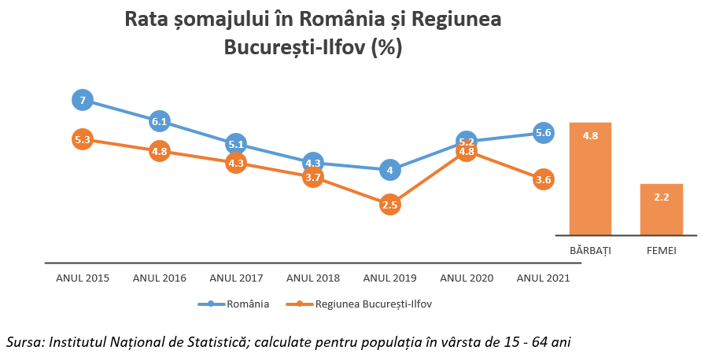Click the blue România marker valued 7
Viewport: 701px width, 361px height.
click(x=83, y=100)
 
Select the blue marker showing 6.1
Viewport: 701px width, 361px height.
click(x=160, y=121)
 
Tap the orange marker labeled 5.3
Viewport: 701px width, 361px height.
click(x=83, y=140)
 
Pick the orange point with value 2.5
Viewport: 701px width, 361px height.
click(x=389, y=204)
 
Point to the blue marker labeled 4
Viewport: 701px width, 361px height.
click(x=389, y=169)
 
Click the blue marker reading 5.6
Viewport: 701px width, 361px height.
click(x=543, y=132)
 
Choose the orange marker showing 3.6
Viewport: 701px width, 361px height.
click(x=543, y=180)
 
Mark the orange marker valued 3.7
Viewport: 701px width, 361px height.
click(x=312, y=178)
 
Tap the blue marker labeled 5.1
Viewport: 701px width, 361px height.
click(x=236, y=144)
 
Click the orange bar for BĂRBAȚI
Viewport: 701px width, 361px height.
click(x=590, y=179)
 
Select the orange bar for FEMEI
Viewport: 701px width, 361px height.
click(x=661, y=209)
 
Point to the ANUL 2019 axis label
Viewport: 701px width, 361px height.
click(x=389, y=278)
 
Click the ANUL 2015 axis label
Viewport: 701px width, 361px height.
click(x=83, y=278)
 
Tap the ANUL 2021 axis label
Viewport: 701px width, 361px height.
click(x=543, y=278)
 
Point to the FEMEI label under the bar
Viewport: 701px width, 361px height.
click(x=661, y=251)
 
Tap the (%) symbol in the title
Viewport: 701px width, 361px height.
click(x=386, y=47)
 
